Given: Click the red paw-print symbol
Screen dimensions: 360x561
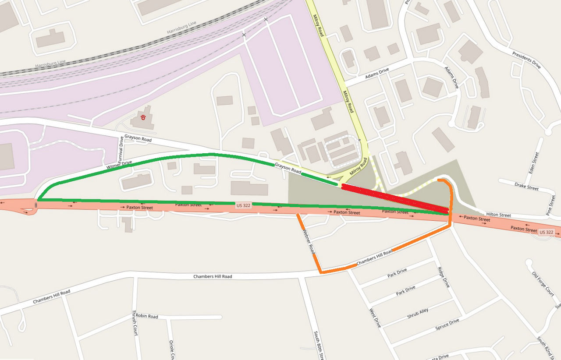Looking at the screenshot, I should tap(143, 117).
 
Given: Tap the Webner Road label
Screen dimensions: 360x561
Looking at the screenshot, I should tap(309, 241).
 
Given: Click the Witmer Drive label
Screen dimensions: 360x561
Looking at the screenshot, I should tap(119, 165).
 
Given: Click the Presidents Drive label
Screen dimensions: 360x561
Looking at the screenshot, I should tap(526, 60).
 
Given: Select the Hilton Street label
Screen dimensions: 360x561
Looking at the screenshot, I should tap(498, 215).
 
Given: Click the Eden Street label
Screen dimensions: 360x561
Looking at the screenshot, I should tap(534, 162).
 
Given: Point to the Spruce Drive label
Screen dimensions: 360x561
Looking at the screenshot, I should tap(447, 325).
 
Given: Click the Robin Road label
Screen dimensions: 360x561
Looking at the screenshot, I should tap(147, 316).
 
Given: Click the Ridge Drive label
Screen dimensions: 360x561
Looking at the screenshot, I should tap(443, 277).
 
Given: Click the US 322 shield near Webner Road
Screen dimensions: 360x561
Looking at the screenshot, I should tap(243, 205).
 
